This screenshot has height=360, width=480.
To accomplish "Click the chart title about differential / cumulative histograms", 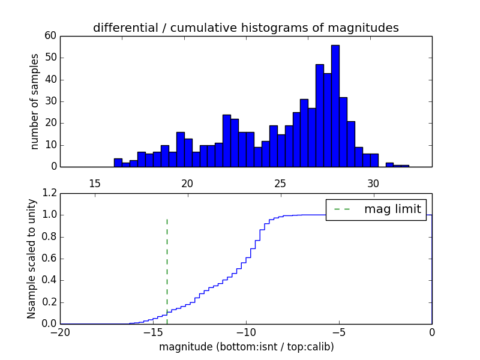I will [x=245, y=28].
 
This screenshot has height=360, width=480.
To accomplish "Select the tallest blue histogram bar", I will [x=335, y=106].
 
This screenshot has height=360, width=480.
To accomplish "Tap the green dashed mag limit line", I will [x=167, y=270].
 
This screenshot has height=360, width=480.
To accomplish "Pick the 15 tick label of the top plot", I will [x=94, y=183].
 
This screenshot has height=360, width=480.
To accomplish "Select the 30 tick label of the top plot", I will [x=373, y=183].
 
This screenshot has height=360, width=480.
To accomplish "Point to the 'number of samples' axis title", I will [x=35, y=101].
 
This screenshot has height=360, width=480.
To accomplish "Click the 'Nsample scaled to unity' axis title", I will [x=32, y=259].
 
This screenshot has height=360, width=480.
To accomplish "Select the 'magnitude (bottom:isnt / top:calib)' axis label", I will [x=246, y=347].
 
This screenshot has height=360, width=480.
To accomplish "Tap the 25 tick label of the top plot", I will [x=280, y=183].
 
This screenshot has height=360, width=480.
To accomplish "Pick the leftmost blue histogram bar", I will [x=118, y=163].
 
